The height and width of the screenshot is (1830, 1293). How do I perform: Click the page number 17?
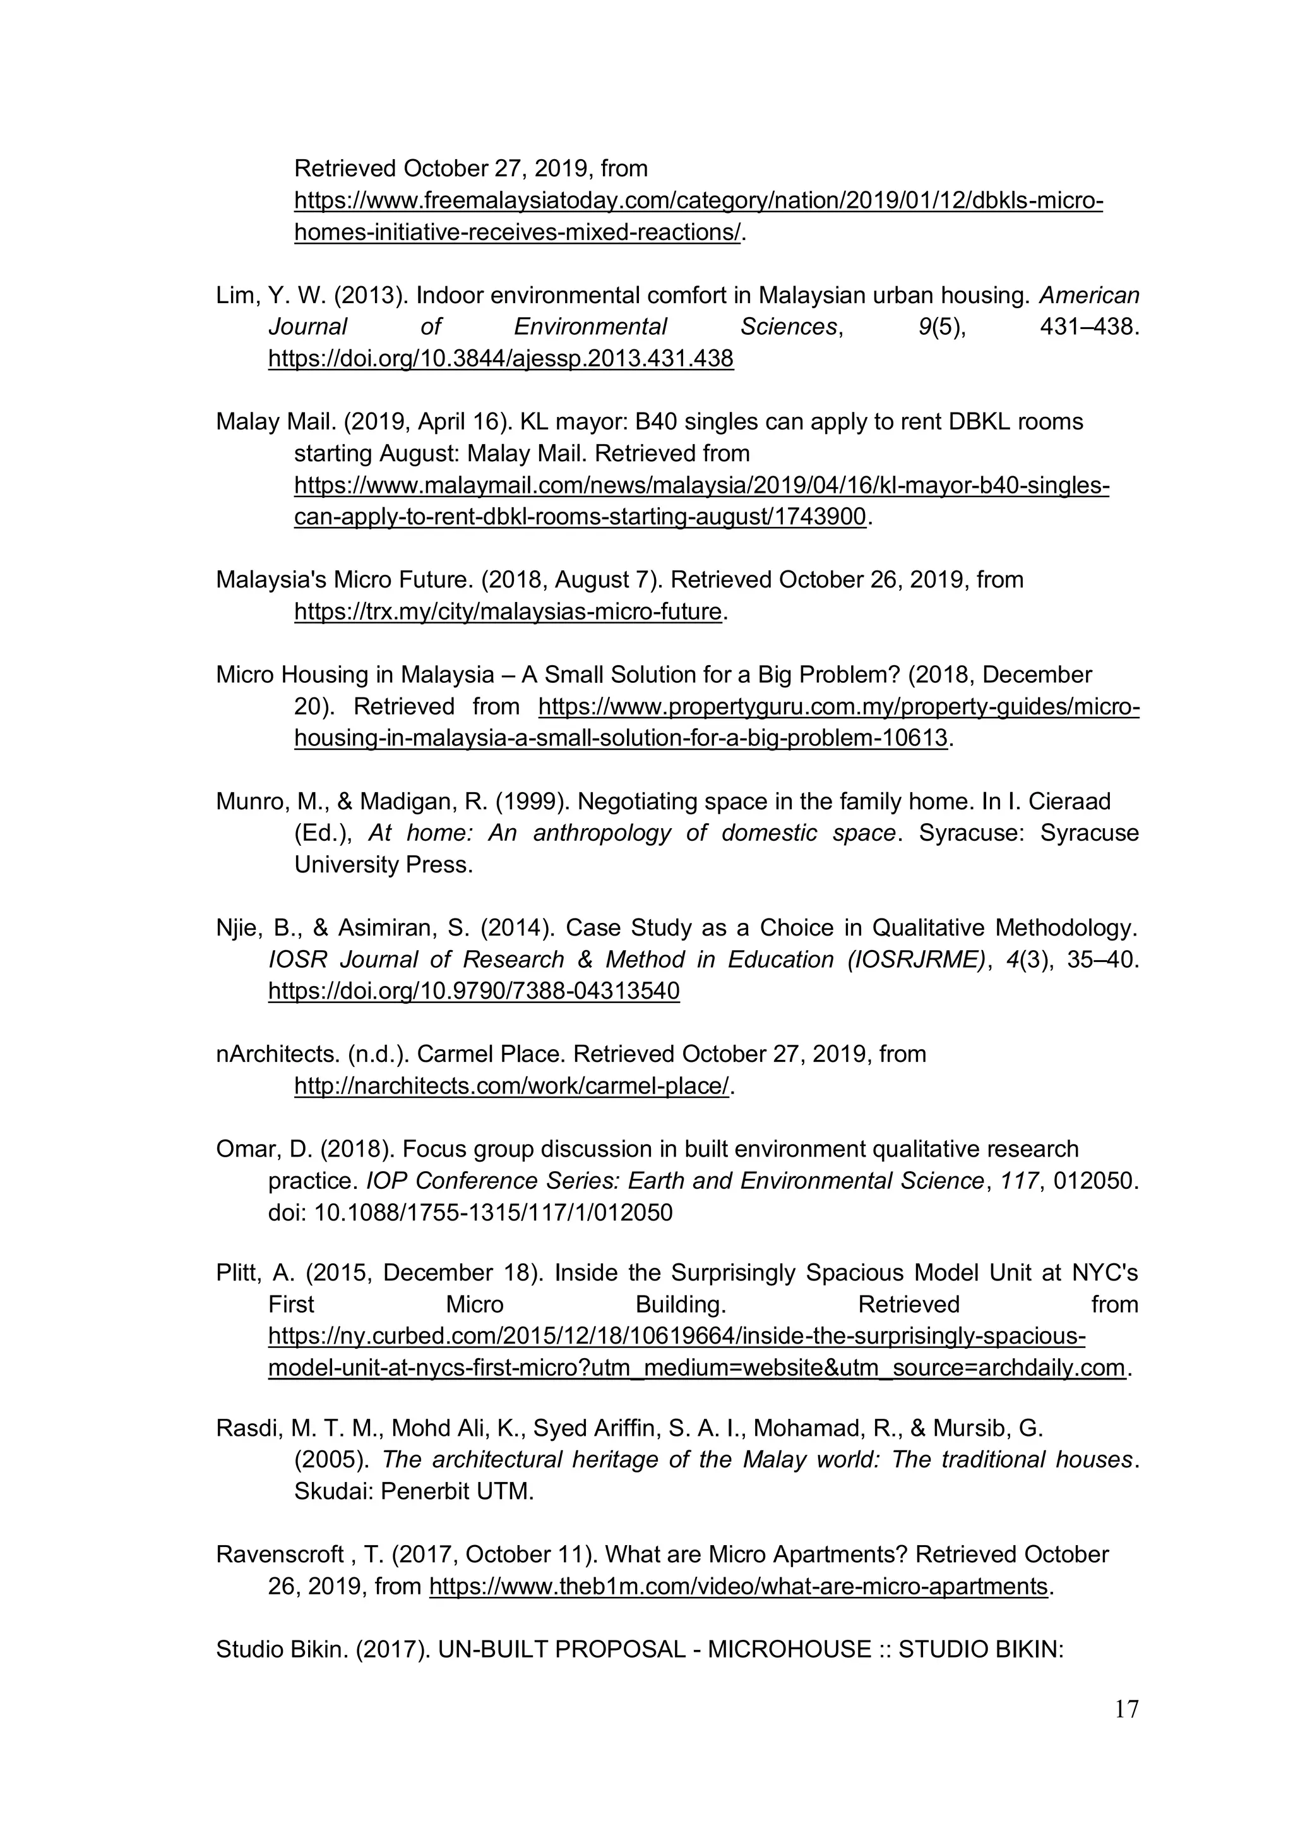(1126, 1709)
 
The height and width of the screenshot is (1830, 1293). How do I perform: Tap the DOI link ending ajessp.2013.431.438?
(500, 359)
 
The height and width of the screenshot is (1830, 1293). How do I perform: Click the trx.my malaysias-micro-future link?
(508, 611)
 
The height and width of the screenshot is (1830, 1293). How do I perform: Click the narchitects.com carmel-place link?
(511, 1086)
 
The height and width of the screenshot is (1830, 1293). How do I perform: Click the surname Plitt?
(237, 1273)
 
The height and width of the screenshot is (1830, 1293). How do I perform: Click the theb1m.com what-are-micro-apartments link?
(737, 1586)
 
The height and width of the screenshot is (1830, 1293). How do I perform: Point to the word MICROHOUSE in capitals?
(789, 1649)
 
